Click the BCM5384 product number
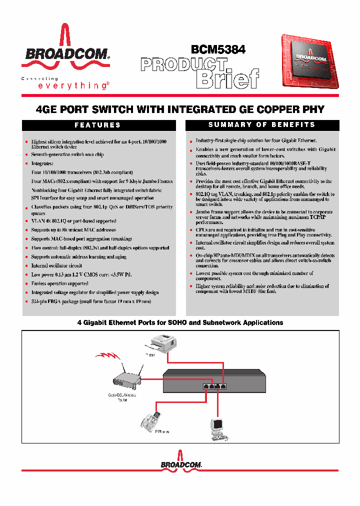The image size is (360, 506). (218, 49)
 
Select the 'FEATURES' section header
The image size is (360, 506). (97, 125)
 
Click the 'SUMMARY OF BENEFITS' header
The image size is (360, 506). (261, 125)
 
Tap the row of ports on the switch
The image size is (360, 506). (215, 386)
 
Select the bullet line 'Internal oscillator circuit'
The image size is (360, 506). (56, 266)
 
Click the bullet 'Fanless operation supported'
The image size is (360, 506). (59, 284)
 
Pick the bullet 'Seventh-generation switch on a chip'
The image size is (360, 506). (67, 155)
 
